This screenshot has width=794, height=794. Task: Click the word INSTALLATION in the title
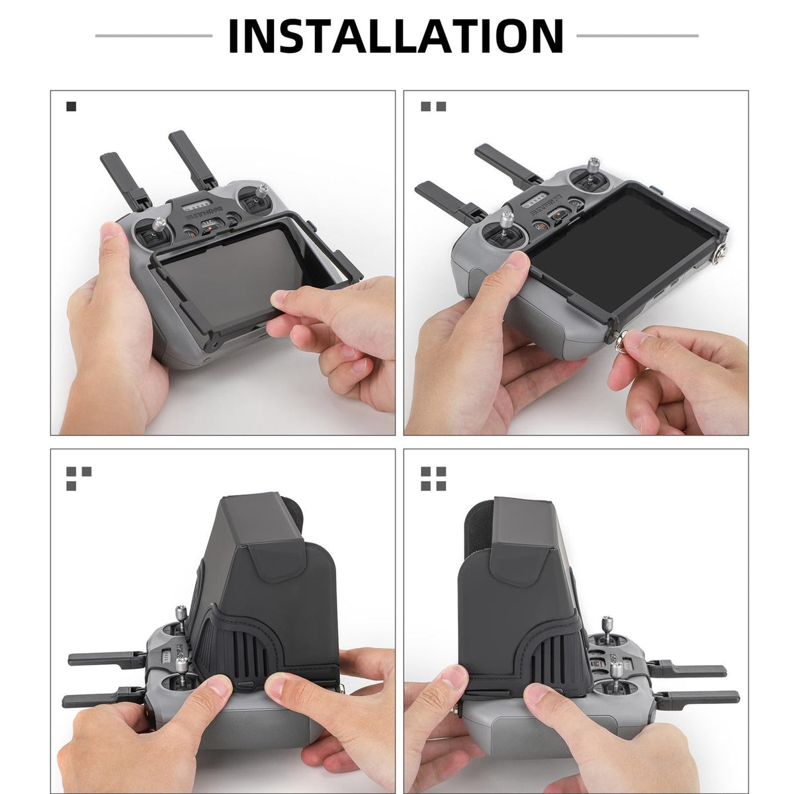click(x=395, y=36)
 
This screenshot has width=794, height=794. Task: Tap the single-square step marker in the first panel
click(x=71, y=106)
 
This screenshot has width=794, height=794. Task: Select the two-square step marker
click(x=433, y=106)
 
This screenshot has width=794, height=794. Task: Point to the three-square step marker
click(x=78, y=478)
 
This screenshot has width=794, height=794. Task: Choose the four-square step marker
click(x=433, y=478)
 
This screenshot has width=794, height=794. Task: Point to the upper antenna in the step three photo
click(x=106, y=660)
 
